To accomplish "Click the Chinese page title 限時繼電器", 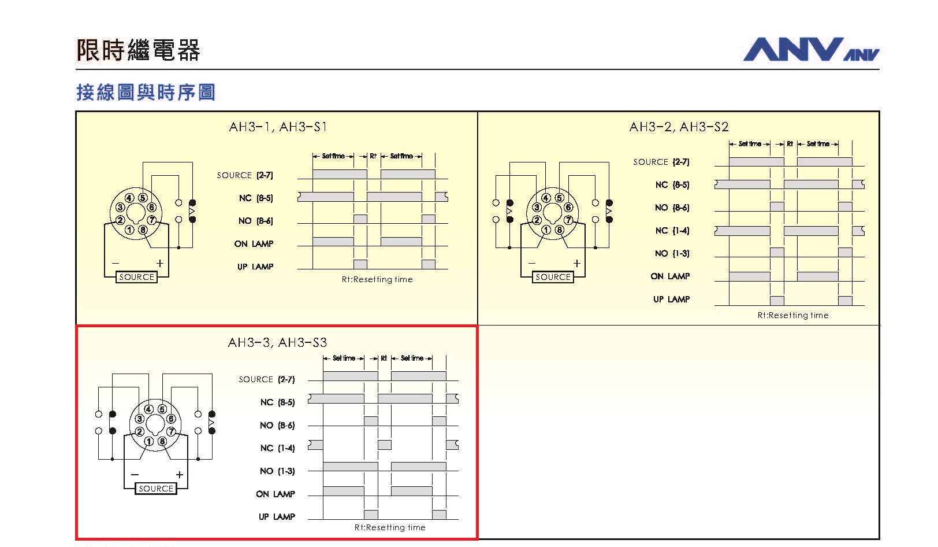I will click(x=138, y=50).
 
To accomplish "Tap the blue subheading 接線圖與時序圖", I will click(x=146, y=92).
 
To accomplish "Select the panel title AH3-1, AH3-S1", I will click(x=278, y=127).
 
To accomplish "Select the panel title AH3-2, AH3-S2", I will click(x=679, y=127).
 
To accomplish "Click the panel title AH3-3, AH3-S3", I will click(x=277, y=342).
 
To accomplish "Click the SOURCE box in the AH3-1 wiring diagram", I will click(x=136, y=277).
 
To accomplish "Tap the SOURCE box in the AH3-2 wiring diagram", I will click(x=553, y=277).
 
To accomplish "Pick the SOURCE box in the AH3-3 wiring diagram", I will click(x=156, y=489).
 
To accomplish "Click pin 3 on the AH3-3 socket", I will click(x=139, y=419).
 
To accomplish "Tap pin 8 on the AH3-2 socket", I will click(x=559, y=230).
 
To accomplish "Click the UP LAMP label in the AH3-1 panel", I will click(x=255, y=267).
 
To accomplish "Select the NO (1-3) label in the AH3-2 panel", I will click(x=672, y=253).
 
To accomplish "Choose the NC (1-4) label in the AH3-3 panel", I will click(x=277, y=448).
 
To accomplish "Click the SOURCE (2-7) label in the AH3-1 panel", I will click(x=245, y=175).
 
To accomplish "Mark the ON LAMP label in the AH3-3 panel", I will click(x=276, y=494).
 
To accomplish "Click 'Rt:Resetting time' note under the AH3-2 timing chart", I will click(x=793, y=315).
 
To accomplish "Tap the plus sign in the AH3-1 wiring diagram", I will click(x=160, y=263).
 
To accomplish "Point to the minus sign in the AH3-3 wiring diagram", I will click(x=135, y=475).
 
